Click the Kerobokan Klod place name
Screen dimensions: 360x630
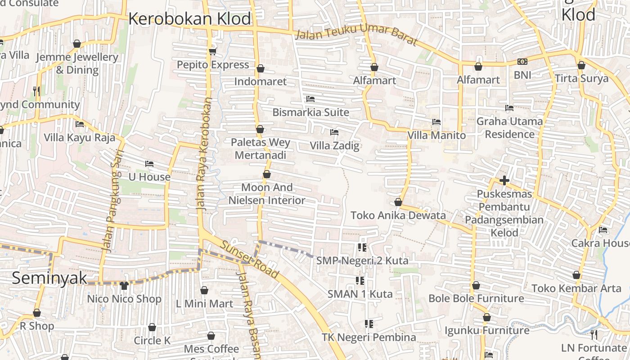click(x=189, y=19)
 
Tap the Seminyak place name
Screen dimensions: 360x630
click(x=49, y=278)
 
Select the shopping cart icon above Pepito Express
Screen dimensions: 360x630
click(x=213, y=51)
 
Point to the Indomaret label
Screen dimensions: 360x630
click(x=260, y=81)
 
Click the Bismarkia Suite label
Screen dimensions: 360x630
click(x=310, y=112)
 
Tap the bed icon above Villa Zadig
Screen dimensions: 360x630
click(x=334, y=132)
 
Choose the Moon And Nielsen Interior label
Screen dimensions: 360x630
click(x=267, y=194)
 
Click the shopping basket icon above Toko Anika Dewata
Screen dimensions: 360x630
click(x=398, y=202)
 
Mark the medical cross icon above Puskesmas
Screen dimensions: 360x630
click(x=504, y=181)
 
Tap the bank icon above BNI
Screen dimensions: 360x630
click(x=522, y=62)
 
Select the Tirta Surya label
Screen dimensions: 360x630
click(x=581, y=78)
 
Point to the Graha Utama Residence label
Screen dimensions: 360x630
click(x=509, y=128)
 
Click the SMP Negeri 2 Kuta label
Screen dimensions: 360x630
click(x=362, y=261)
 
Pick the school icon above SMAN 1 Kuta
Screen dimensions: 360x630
click(x=360, y=281)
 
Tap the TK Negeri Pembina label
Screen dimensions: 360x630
click(x=369, y=337)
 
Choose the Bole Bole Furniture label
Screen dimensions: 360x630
click(x=476, y=298)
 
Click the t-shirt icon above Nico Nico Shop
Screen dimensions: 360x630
click(x=124, y=285)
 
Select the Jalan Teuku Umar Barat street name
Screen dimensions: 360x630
click(x=357, y=37)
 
